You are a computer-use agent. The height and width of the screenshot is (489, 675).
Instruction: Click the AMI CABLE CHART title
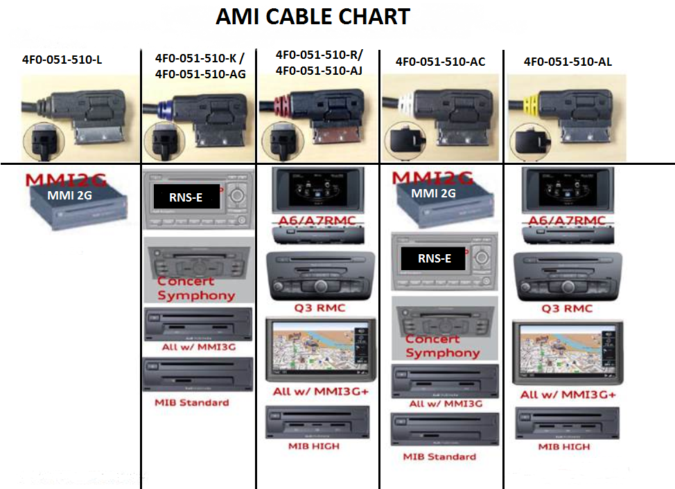click(x=313, y=17)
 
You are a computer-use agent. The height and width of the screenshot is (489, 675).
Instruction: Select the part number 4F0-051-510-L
click(x=62, y=60)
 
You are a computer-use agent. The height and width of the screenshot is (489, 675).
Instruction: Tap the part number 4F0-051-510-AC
click(x=440, y=62)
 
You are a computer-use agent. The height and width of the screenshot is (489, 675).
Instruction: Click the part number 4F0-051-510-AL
click(x=568, y=62)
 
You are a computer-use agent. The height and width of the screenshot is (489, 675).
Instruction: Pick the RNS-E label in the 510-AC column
click(x=434, y=258)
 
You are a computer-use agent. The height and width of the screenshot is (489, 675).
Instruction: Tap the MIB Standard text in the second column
click(x=192, y=402)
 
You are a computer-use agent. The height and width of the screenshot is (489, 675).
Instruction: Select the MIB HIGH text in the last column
click(x=564, y=447)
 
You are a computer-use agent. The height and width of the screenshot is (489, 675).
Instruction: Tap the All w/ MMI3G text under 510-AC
click(x=446, y=404)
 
